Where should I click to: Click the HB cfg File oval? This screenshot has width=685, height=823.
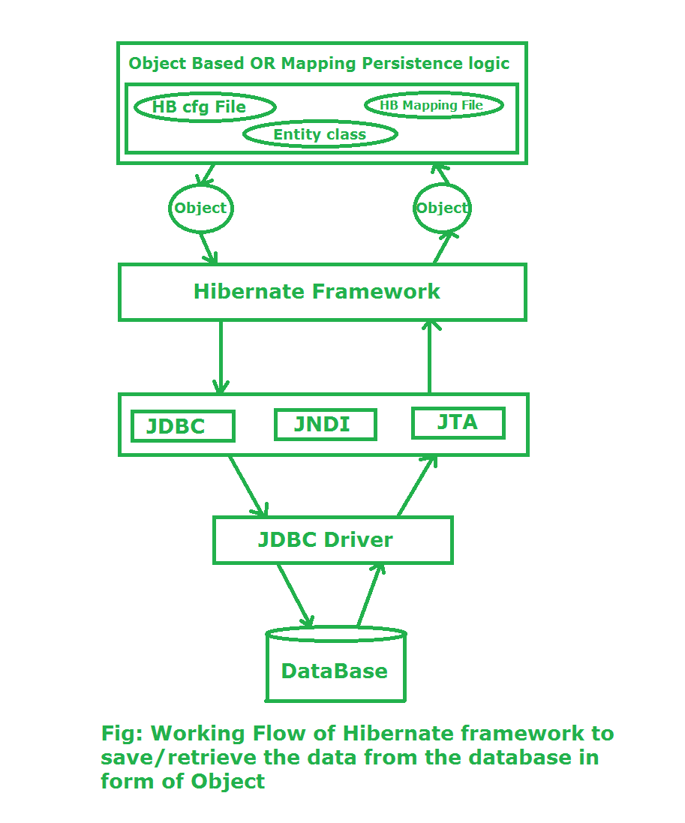pos(204,107)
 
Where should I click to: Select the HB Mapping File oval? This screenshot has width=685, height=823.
pos(433,106)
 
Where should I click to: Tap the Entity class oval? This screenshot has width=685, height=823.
pos(320,135)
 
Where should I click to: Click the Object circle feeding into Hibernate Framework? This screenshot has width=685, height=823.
pos(200,208)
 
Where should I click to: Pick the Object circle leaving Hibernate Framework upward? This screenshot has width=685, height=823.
pos(442,208)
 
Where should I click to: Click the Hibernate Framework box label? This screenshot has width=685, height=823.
pos(317,291)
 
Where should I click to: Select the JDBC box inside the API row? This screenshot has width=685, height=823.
pos(182,425)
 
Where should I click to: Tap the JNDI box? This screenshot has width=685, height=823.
pos(324,424)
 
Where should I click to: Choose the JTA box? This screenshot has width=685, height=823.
pos(458,422)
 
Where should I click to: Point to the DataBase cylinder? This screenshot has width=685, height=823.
pos(335,669)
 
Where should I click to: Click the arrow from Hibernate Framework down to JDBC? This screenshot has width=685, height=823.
pos(221,357)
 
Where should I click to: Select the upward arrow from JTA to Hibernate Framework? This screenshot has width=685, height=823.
pos(430,357)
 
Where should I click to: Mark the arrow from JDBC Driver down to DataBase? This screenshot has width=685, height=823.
pos(295,595)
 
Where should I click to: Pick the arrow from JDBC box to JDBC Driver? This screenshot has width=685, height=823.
pos(248,485)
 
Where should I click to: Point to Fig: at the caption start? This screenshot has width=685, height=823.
pos(122,733)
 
